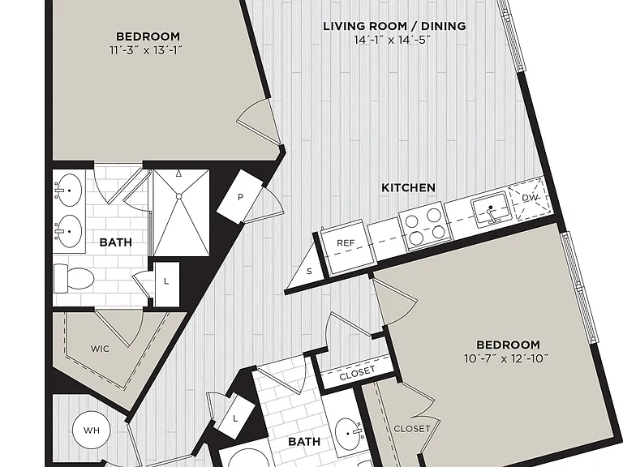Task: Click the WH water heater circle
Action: tap(92, 430)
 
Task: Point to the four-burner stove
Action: tap(425, 225)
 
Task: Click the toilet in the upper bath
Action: tap(74, 279)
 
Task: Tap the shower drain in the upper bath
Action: tap(178, 196)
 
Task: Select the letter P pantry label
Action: tap(240, 196)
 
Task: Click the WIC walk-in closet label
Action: tap(100, 349)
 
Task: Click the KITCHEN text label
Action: tap(409, 187)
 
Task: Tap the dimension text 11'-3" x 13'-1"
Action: tap(146, 50)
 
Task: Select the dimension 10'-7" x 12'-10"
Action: tap(506, 358)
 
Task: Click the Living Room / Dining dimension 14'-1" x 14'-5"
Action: tap(393, 40)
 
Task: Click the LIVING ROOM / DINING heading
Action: tap(394, 26)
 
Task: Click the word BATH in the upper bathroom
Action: tap(116, 242)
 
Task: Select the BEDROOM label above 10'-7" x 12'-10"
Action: tap(508, 345)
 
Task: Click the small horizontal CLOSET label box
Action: tap(358, 373)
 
